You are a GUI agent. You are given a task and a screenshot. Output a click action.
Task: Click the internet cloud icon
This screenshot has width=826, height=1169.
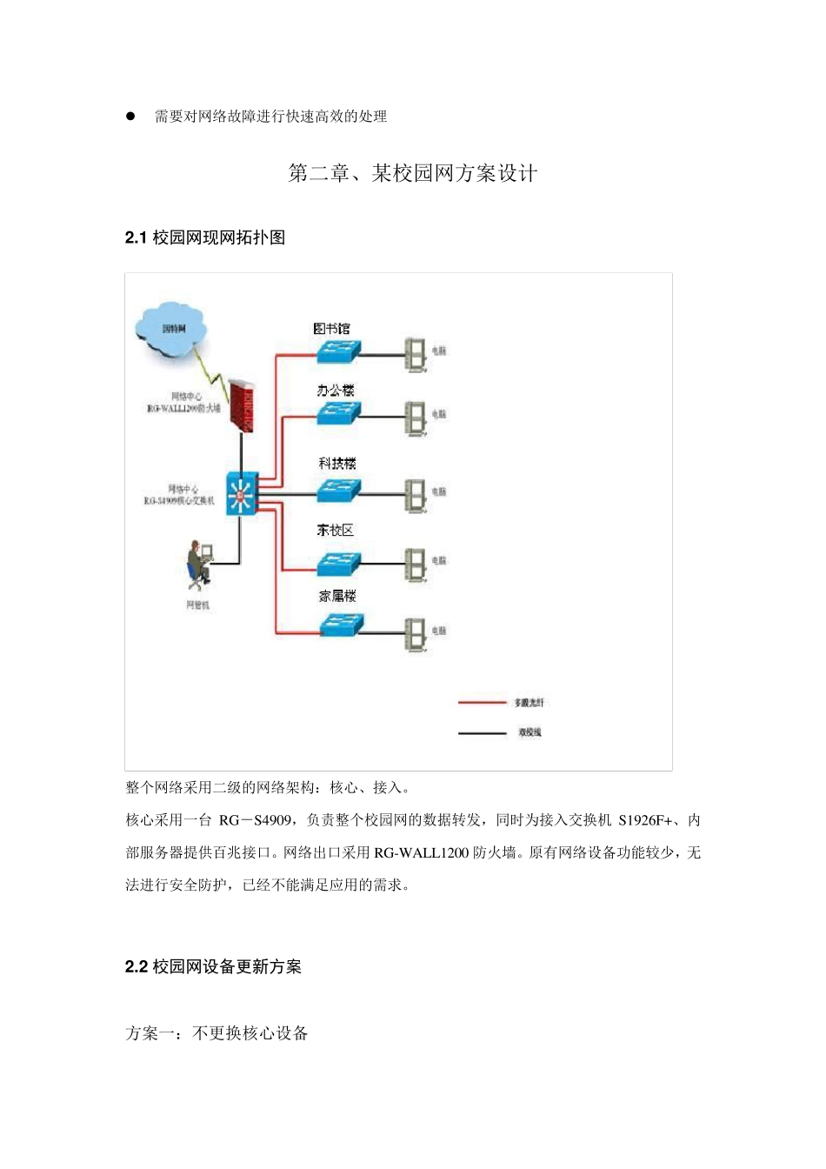click(x=172, y=327)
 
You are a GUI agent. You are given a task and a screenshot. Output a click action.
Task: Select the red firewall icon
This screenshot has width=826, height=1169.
click(x=242, y=404)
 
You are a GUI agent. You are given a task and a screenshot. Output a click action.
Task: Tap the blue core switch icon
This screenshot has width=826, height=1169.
click(x=242, y=494)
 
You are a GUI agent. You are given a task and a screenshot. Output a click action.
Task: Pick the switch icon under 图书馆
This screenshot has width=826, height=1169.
click(x=337, y=351)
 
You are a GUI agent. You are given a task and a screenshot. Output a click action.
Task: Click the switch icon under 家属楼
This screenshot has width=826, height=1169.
click(x=340, y=625)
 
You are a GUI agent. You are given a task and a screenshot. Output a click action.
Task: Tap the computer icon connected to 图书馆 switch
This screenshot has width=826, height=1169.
click(x=416, y=352)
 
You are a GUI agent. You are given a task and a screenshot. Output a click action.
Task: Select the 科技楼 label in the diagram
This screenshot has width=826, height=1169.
click(x=337, y=464)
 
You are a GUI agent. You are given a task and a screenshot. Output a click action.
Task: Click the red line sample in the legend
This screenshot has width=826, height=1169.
click(x=482, y=702)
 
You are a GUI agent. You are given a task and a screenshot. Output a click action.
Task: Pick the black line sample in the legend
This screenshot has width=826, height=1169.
click(x=482, y=732)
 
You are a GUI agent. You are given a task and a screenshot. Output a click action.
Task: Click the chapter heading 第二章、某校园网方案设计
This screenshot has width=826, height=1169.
click(x=412, y=173)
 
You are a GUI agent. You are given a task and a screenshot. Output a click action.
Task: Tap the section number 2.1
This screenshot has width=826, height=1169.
click(x=136, y=237)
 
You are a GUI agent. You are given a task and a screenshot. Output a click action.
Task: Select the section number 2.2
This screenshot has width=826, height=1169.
click(x=136, y=966)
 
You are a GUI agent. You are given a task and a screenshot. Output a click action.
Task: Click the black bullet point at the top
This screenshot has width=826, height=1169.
click(x=130, y=116)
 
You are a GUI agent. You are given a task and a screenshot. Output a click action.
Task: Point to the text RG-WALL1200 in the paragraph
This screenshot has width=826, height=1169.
click(x=422, y=852)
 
